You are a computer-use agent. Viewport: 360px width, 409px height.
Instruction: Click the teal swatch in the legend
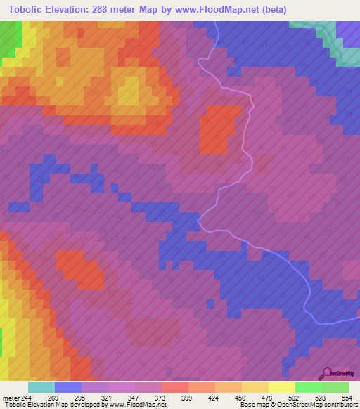point(41,387)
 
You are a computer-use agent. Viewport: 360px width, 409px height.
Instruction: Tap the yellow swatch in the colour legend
point(282,387)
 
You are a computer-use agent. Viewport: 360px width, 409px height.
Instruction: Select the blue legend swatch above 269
point(68,387)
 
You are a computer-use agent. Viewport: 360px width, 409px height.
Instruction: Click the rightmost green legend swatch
point(335,387)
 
